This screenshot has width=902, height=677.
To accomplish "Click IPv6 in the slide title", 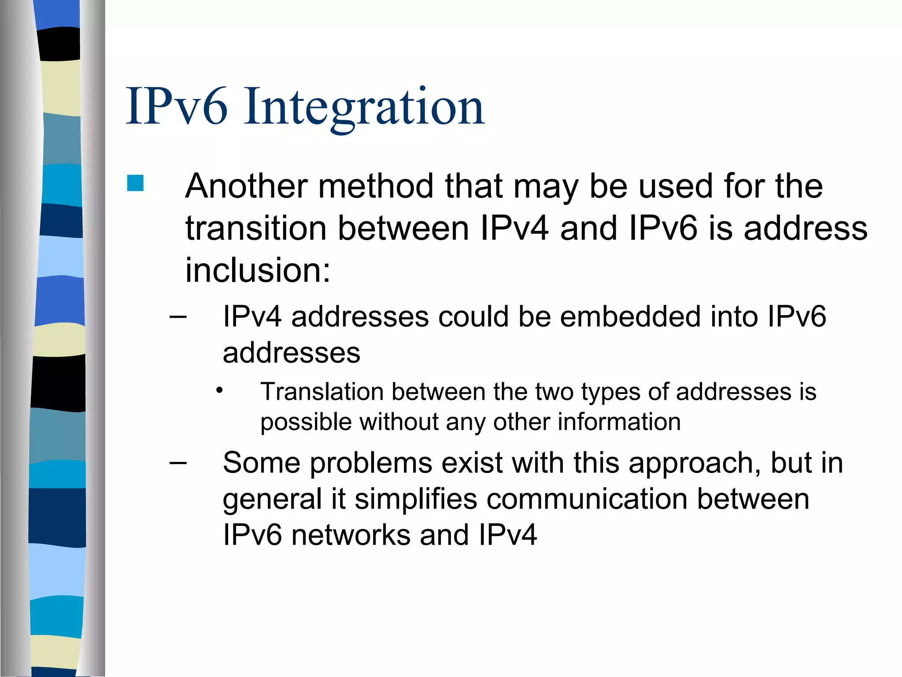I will point(177,107).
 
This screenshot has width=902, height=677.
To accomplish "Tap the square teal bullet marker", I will point(135,183).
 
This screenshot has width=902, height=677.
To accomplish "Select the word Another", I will point(246,186).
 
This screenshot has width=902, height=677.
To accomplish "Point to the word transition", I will point(256,228).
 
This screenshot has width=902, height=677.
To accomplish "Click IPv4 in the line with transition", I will point(514,228).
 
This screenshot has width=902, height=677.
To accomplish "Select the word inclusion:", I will point(258,270).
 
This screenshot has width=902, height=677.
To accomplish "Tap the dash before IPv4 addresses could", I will point(178,316).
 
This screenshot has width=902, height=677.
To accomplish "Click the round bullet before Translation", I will point(220,391).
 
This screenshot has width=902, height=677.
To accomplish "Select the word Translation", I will point(322,391).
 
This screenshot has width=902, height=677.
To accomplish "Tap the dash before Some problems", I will point(178,463).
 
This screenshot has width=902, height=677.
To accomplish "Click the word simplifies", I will point(416,499).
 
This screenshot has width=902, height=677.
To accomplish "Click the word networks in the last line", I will point(351,535).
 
